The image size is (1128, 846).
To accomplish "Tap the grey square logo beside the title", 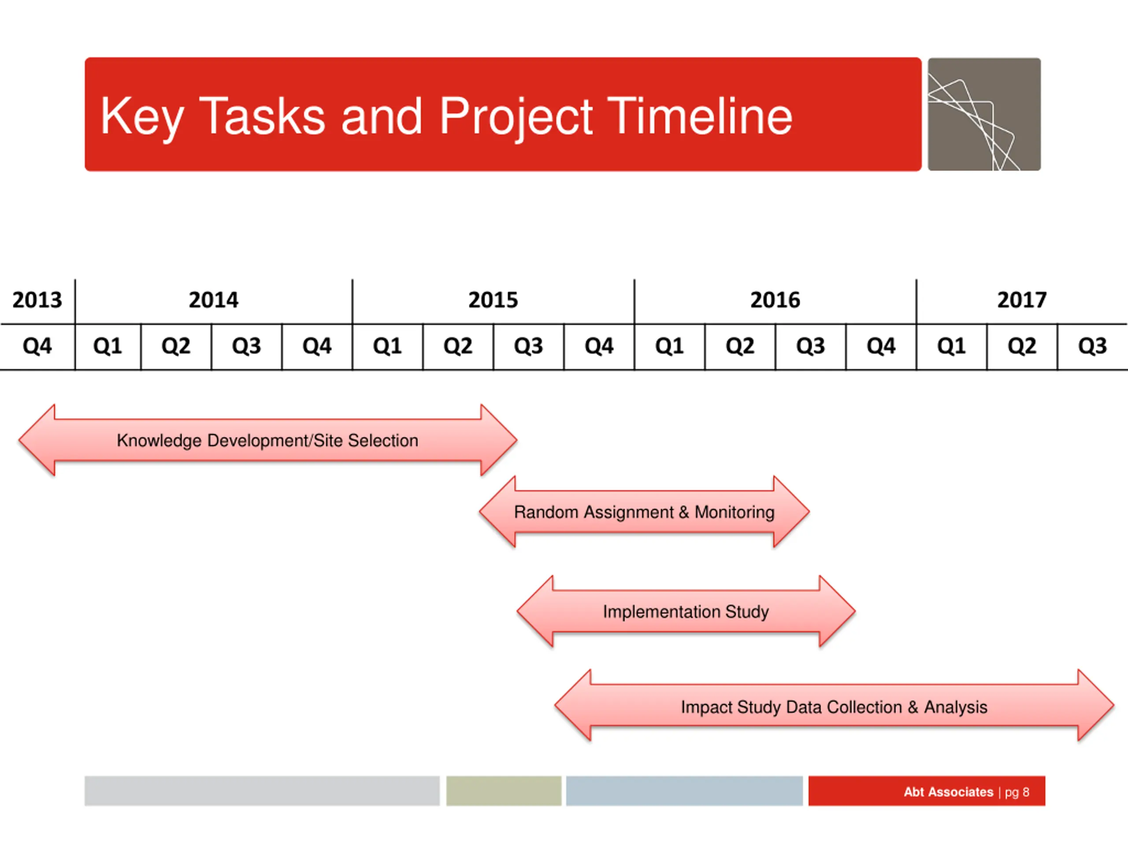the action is pyautogui.click(x=984, y=114).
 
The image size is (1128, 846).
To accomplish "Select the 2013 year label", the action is pyautogui.click(x=37, y=300).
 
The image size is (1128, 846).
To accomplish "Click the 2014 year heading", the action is pyautogui.click(x=214, y=300).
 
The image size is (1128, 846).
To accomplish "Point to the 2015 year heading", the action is pyautogui.click(x=493, y=300).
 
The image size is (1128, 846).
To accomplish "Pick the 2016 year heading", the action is pyautogui.click(x=775, y=300).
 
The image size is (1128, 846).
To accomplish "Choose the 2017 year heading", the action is pyautogui.click(x=1022, y=300).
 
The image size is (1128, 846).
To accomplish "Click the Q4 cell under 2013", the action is pyautogui.click(x=37, y=346).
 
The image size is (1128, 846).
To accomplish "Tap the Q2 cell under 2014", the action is pyautogui.click(x=176, y=346).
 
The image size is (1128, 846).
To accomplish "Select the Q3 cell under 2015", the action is pyautogui.click(x=528, y=346).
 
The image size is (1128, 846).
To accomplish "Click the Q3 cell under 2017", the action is pyautogui.click(x=1092, y=346).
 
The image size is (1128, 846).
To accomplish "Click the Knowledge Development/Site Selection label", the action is pyautogui.click(x=267, y=441).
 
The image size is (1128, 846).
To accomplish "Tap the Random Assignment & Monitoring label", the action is pyautogui.click(x=644, y=512).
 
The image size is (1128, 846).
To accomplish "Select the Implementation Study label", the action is pyautogui.click(x=686, y=612).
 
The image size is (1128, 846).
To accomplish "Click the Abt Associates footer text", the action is pyautogui.click(x=949, y=792).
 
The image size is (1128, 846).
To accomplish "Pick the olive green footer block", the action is pyautogui.click(x=504, y=791).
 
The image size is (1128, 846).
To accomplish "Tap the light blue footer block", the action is pyautogui.click(x=684, y=791).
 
